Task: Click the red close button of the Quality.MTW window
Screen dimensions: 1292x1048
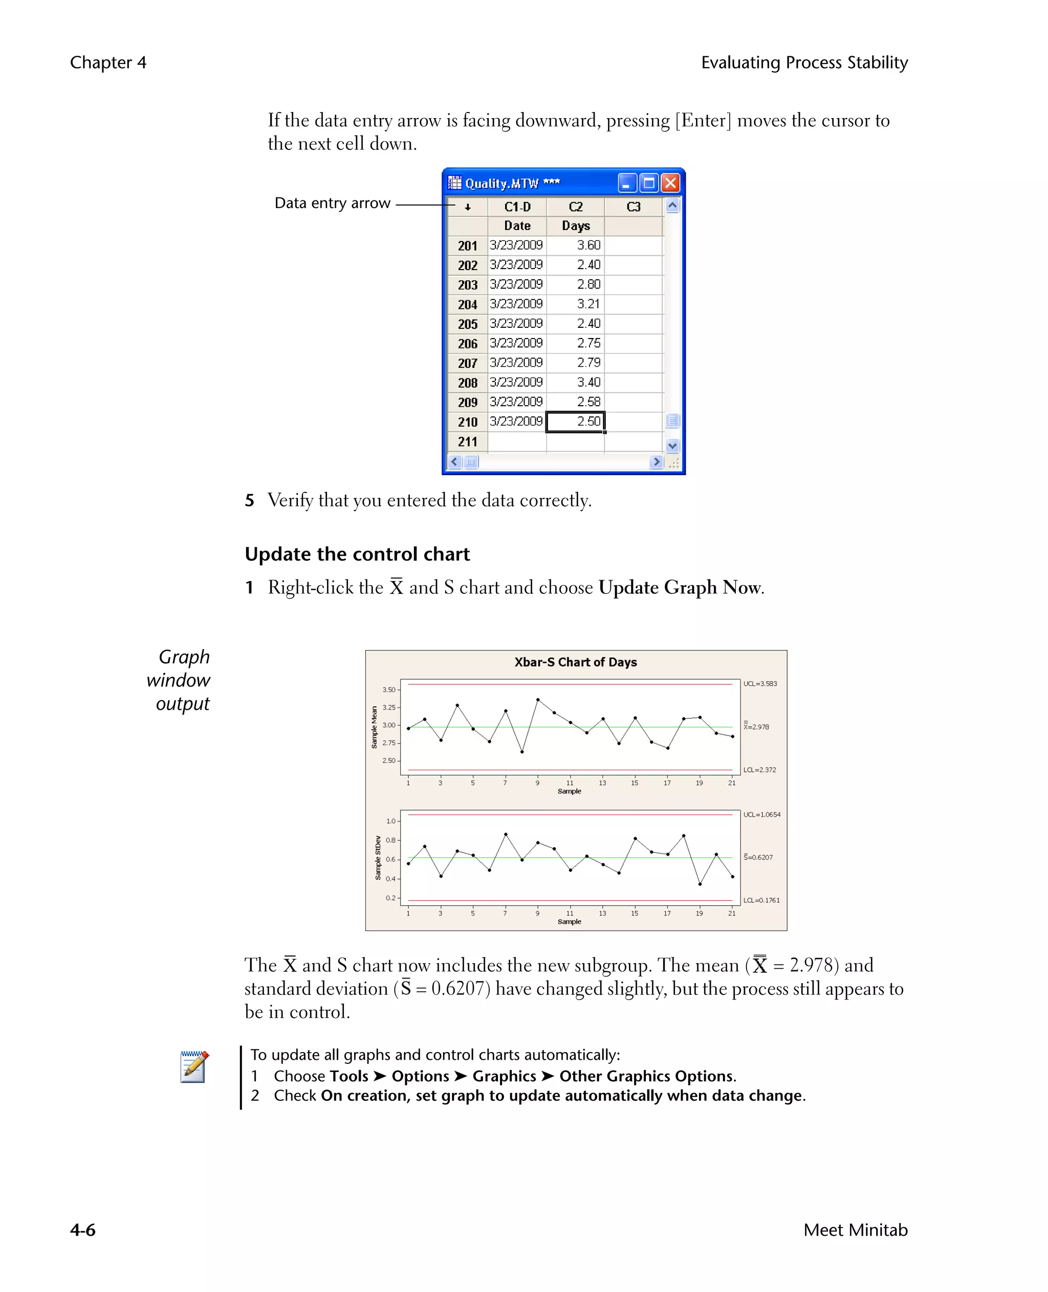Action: tap(670, 183)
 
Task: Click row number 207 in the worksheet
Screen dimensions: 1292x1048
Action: tap(467, 363)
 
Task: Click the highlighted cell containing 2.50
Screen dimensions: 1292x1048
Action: tap(575, 422)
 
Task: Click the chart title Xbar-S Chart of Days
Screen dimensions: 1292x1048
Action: tap(575, 662)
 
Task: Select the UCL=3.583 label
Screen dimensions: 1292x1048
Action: tap(760, 684)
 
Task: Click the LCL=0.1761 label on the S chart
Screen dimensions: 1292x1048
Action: tap(761, 900)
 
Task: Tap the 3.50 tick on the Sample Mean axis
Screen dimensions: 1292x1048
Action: tap(389, 690)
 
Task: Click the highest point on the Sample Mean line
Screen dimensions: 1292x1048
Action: tap(538, 699)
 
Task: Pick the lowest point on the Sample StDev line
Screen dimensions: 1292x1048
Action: tap(700, 884)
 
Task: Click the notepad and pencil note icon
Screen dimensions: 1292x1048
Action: tap(194, 1067)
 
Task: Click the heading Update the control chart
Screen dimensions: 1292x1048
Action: tap(357, 554)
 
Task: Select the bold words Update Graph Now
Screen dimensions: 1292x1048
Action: tap(680, 587)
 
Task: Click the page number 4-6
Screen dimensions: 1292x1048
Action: tap(83, 1230)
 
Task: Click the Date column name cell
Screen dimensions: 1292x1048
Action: tap(517, 226)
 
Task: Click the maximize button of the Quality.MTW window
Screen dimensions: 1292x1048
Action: tap(649, 183)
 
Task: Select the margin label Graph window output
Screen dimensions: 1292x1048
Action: tap(180, 680)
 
